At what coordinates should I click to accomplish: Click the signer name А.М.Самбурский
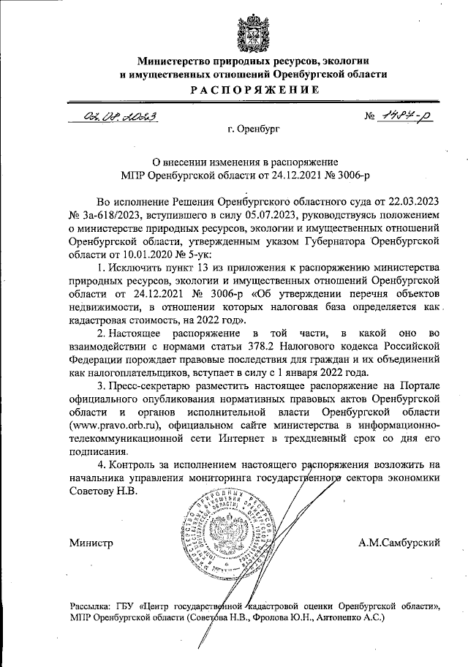(399, 544)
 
